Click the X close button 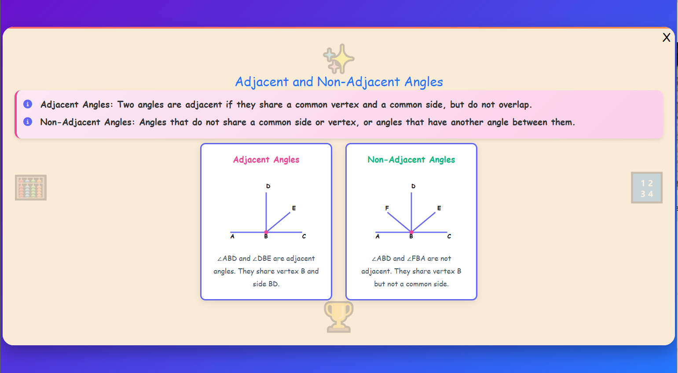666,37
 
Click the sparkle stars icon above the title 338,59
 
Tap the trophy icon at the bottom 338,316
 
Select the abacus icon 31,187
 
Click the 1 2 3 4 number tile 646,188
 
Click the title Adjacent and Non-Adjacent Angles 339,82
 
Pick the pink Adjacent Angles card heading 266,160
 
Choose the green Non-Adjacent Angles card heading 411,160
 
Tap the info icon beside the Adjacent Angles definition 28,104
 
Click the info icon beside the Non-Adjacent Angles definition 28,122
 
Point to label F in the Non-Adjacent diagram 387,208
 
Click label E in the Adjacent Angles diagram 294,208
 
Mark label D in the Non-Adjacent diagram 413,186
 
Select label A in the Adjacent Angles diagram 232,237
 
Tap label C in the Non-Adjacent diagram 449,237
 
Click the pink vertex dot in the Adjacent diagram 266,232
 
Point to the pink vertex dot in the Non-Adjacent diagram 411,232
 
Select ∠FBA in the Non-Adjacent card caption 416,259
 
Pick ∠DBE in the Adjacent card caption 262,259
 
